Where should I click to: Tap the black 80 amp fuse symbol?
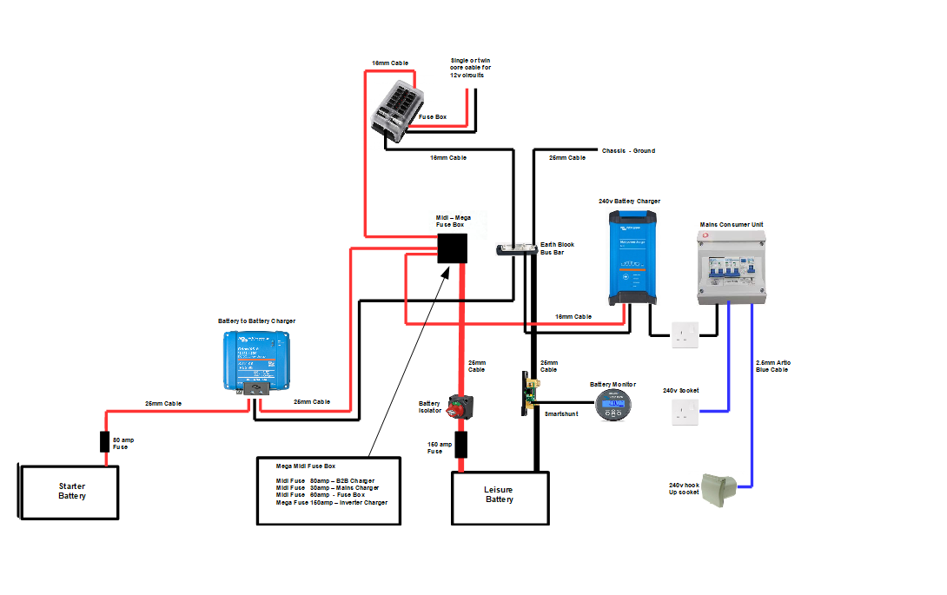click(105, 442)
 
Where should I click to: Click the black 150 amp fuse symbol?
click(461, 445)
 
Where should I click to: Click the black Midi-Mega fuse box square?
click(451, 248)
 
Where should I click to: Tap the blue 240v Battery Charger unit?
click(632, 258)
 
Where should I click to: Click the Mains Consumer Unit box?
click(732, 267)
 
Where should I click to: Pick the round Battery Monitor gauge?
click(615, 405)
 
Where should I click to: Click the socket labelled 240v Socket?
click(685, 412)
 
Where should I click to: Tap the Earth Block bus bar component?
click(516, 250)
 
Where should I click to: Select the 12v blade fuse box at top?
click(395, 111)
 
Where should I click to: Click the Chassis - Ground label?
click(628, 151)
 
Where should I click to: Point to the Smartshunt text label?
click(561, 414)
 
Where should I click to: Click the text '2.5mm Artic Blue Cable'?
click(772, 366)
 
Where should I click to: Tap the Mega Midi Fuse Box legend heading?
click(305, 466)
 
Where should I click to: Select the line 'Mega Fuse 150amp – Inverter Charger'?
click(331, 503)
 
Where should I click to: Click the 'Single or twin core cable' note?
click(470, 68)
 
